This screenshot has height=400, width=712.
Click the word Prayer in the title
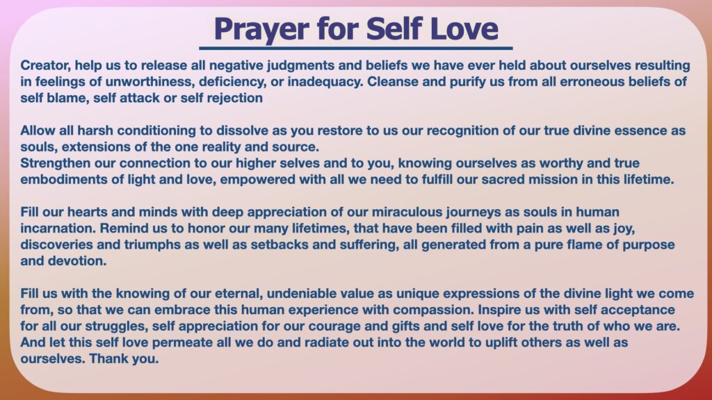(x=261, y=29)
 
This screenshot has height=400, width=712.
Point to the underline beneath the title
(x=356, y=48)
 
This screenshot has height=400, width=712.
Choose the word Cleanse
(x=392, y=82)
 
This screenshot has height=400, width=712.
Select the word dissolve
(x=242, y=131)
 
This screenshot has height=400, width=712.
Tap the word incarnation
(x=58, y=228)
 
